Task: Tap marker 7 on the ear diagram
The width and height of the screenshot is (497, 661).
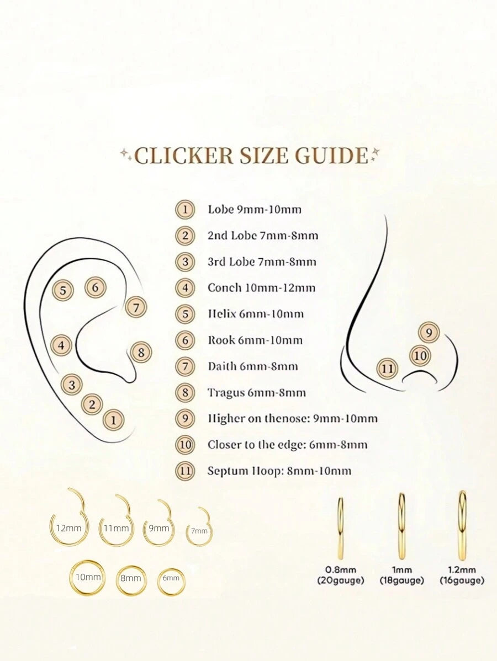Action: coord(136,308)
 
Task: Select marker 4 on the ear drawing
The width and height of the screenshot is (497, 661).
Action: coord(62,346)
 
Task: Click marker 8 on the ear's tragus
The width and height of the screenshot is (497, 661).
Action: coord(141,352)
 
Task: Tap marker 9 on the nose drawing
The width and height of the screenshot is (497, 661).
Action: coord(429,333)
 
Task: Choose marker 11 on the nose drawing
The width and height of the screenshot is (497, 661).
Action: coord(387,369)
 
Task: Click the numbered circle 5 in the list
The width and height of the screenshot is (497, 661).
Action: coord(185,314)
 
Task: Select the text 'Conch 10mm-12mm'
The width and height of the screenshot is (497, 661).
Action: coord(261,288)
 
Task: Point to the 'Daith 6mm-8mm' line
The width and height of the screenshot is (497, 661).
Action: coord(253,366)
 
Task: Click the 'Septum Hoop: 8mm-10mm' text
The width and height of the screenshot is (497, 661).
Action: coord(279,471)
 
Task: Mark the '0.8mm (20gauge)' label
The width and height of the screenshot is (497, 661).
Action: coord(341,575)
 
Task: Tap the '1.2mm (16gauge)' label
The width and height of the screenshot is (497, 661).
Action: coord(462,575)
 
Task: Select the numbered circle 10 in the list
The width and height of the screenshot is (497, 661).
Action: coord(185,445)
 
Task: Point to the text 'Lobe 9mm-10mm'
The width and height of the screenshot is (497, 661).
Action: coord(255,210)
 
